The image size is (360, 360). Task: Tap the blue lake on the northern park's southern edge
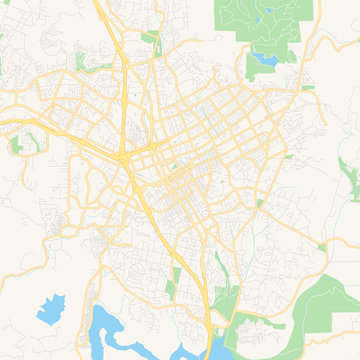coord(267,61)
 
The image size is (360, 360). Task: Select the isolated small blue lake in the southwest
coord(51,300)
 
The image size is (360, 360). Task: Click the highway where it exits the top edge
coord(99,2)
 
